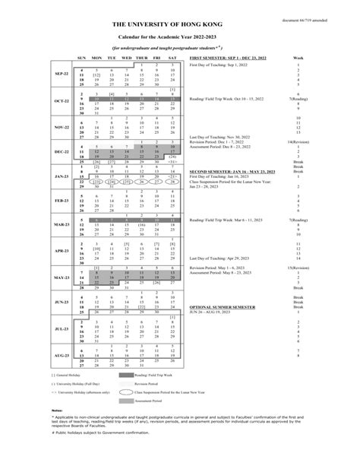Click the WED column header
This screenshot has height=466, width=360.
pyautogui.click(x=127, y=57)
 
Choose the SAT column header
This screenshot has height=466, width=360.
pyautogui.click(x=172, y=57)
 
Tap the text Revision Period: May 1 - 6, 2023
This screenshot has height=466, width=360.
pyautogui.click(x=223, y=268)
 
